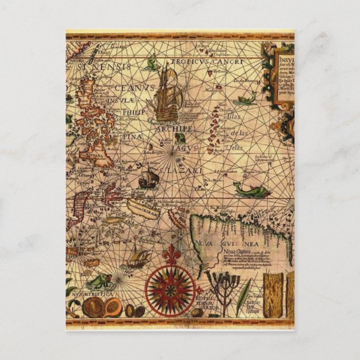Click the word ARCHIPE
[x=175, y=129]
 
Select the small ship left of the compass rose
[x=137, y=258]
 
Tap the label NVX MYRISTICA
[x=92, y=293]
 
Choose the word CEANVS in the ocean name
[x=134, y=88]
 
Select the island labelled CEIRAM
[x=143, y=205]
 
